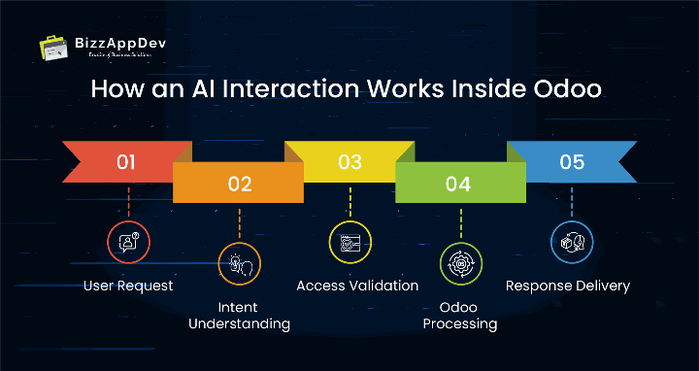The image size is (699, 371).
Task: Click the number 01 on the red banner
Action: click(x=126, y=161)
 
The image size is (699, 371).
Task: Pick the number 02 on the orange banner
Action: click(x=239, y=183)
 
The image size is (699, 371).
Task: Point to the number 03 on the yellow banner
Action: click(x=349, y=161)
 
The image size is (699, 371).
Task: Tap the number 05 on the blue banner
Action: click(x=572, y=161)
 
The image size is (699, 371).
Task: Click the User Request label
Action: click(x=128, y=286)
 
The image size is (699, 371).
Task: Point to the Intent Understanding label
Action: click(x=239, y=315)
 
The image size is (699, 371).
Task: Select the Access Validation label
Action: click(x=357, y=286)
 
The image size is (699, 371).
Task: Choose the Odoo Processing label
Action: click(x=461, y=315)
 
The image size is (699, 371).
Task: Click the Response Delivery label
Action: click(x=568, y=286)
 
